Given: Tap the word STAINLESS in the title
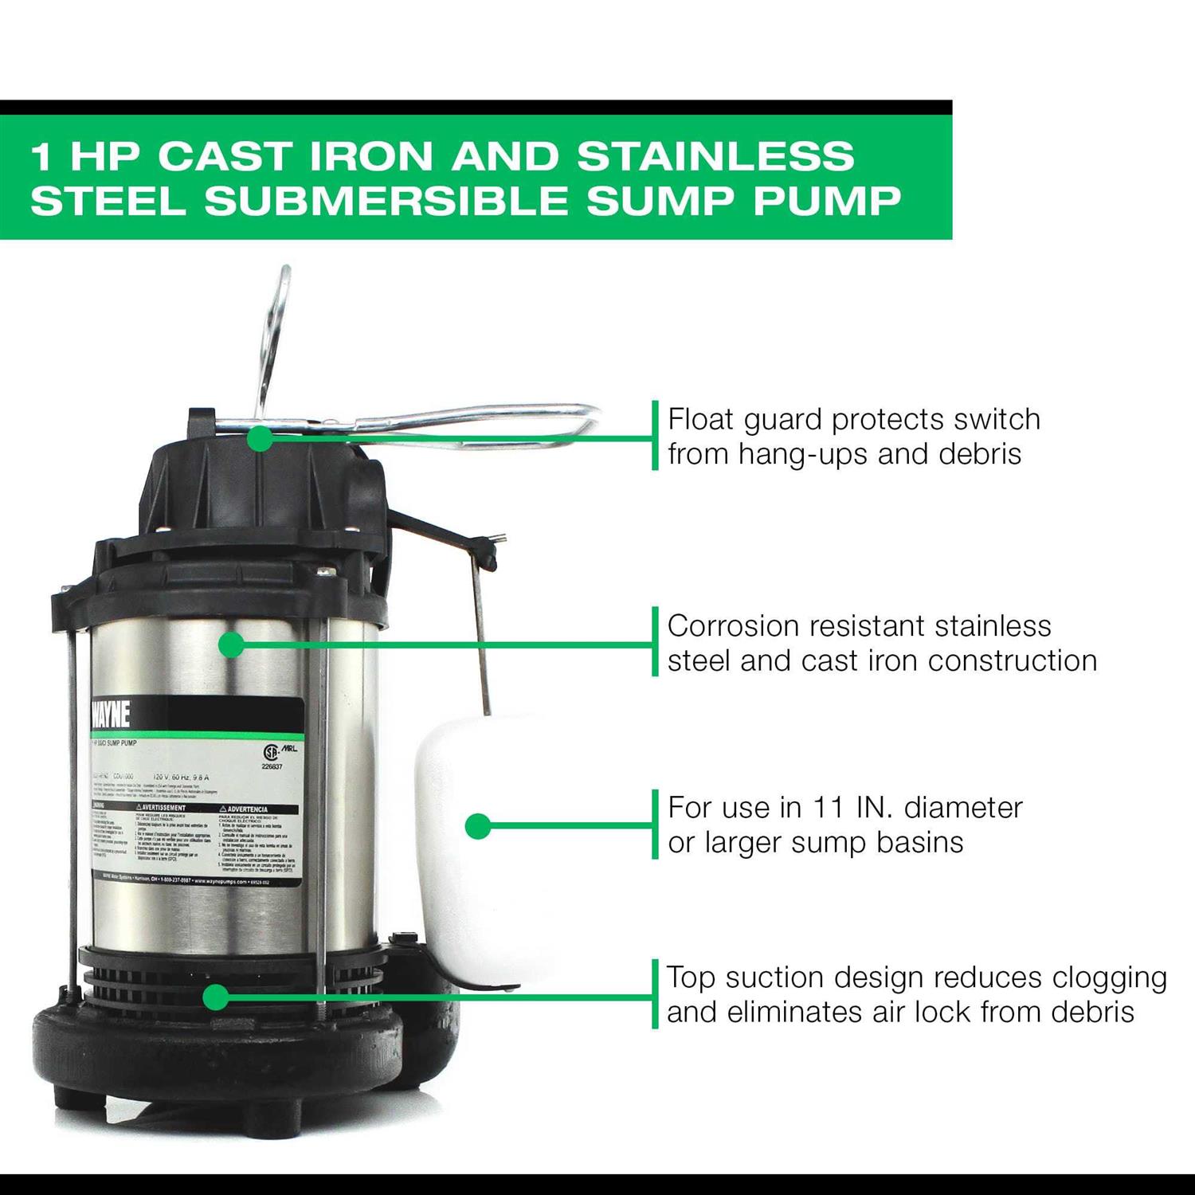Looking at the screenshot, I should tap(715, 155).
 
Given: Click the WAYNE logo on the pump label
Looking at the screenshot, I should tap(111, 715).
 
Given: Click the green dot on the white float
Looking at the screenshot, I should tap(477, 826).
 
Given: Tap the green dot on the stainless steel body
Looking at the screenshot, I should tap(231, 644).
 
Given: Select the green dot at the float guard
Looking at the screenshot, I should tap(260, 437).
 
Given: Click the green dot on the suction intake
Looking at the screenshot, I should tap(215, 997).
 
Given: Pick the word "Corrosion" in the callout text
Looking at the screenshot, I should tap(732, 626).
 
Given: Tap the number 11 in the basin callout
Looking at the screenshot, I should tap(828, 808).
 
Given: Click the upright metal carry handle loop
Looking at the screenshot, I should tap(274, 335).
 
